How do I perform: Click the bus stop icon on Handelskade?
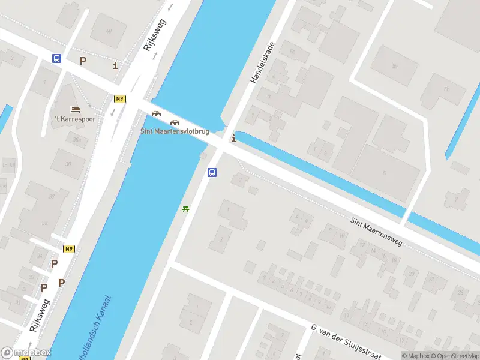(212, 173)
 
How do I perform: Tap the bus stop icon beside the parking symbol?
(56, 59)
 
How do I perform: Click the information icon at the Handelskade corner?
(233, 139)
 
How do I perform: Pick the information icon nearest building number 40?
(115, 65)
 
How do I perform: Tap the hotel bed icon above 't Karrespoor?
(75, 109)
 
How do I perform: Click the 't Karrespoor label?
(76, 119)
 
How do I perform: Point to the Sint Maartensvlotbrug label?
(175, 131)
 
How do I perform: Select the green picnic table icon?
(186, 209)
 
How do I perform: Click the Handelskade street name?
(262, 62)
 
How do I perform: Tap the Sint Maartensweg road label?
(377, 232)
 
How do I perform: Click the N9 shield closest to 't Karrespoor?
(120, 98)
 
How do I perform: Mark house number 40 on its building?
(109, 31)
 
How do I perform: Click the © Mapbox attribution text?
(415, 356)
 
